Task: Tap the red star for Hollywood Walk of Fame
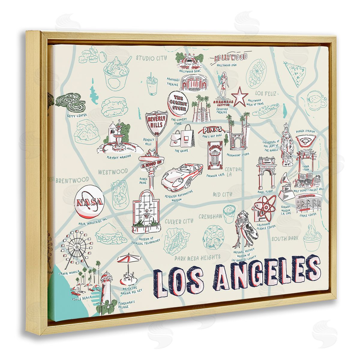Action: [x=240, y=97]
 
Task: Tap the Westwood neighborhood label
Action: [x=113, y=172]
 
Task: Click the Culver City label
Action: [x=179, y=222]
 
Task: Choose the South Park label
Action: [x=285, y=239]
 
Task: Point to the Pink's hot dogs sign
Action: [x=212, y=130]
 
